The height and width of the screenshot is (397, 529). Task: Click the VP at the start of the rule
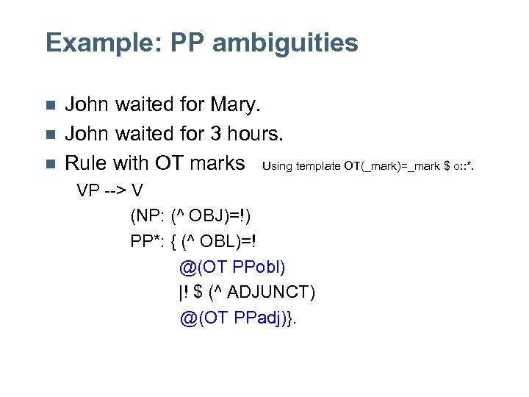point(89,191)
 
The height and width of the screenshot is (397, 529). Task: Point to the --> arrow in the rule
point(116,191)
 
